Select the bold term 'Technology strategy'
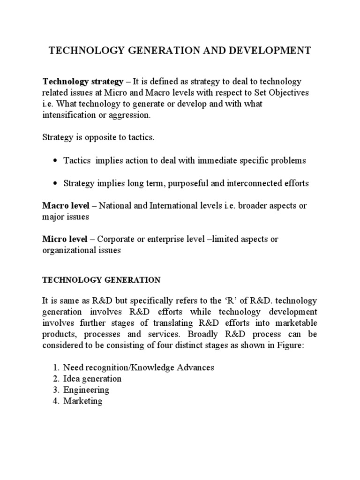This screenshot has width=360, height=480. pos(82,81)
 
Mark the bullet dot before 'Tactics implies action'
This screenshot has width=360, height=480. pos(56,161)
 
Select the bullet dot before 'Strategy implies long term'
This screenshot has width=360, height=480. pos(56,184)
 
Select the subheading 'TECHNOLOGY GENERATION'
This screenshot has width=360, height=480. pos(102,280)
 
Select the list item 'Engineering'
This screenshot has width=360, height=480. pos(86,390)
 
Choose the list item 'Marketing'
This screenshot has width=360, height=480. pos(83,401)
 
